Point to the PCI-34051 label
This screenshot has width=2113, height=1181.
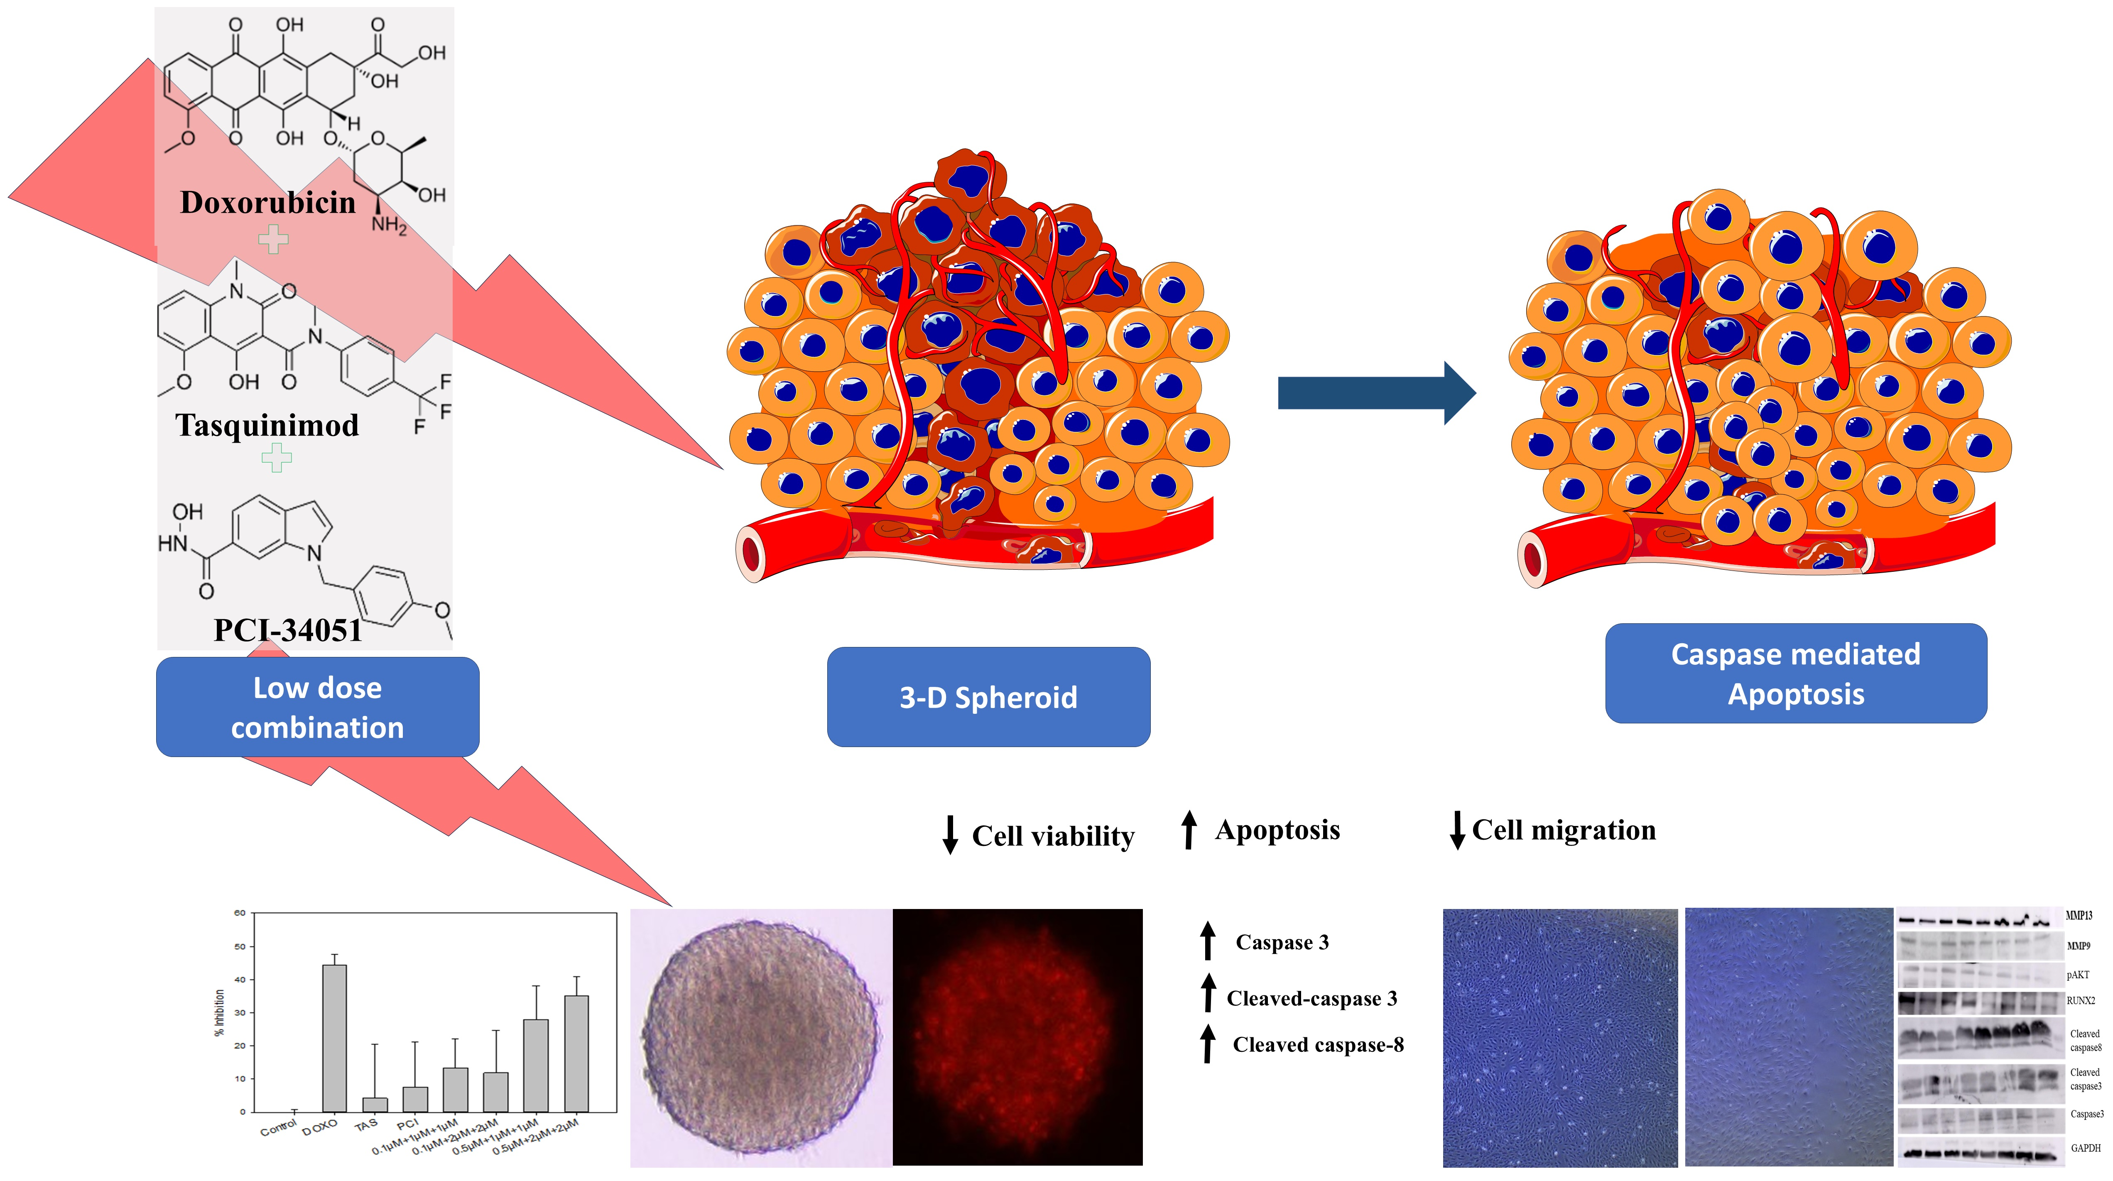click(287, 630)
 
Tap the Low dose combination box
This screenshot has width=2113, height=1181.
click(317, 707)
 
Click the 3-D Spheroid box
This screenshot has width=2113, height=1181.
click(988, 697)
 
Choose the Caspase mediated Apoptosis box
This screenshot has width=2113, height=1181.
click(1796, 673)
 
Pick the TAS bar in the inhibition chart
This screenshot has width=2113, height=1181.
click(375, 1104)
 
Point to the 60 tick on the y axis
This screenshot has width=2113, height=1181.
click(240, 913)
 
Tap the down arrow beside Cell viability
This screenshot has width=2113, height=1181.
click(950, 835)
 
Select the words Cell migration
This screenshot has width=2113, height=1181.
click(1564, 830)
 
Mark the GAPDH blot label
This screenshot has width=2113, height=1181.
click(2085, 1148)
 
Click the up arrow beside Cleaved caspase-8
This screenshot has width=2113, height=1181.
click(1207, 1043)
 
